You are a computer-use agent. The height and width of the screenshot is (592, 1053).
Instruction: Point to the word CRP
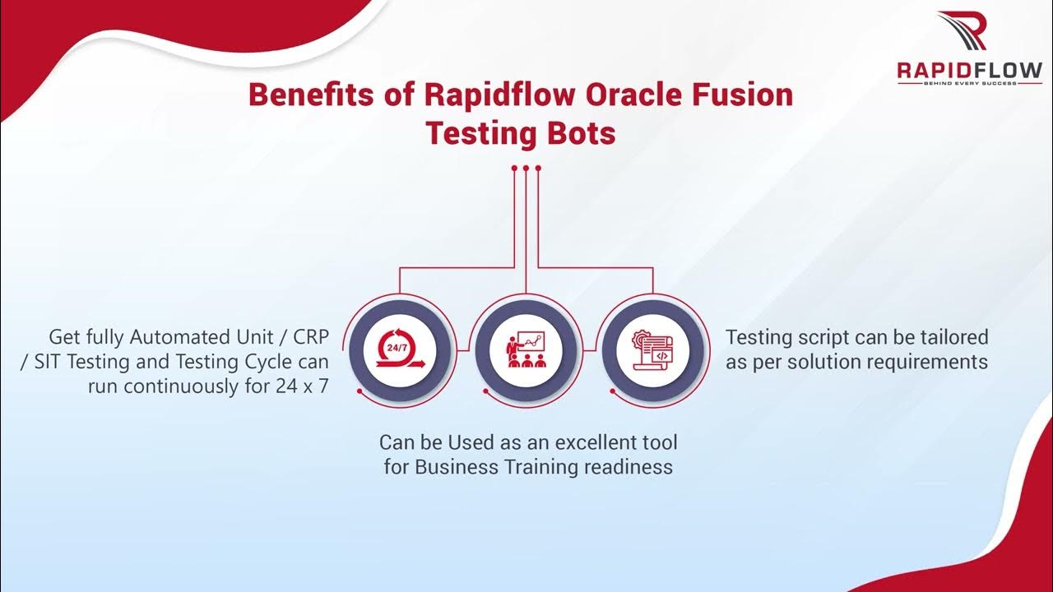(x=304, y=337)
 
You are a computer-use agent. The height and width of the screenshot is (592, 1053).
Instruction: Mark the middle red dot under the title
(x=526, y=168)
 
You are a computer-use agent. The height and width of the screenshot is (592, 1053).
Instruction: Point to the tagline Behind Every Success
(x=969, y=82)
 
